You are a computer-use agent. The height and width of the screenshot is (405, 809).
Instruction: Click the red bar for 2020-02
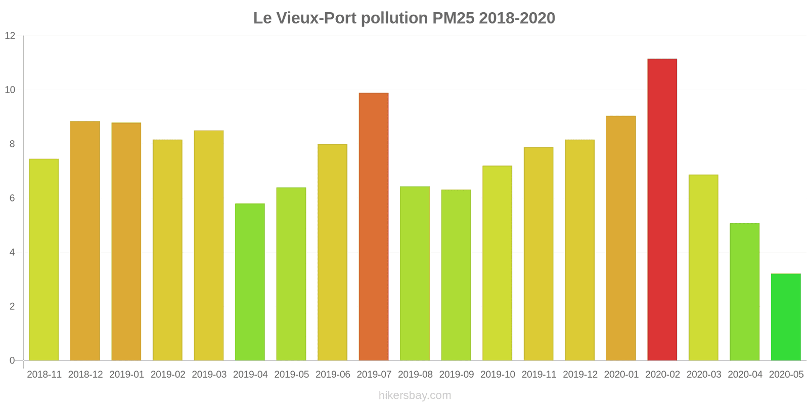[x=662, y=210]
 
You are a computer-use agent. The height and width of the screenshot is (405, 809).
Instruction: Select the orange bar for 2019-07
[x=374, y=227]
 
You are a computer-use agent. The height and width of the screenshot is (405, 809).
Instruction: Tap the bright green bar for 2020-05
[x=786, y=317]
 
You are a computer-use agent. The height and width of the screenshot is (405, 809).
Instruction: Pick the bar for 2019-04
[x=250, y=282]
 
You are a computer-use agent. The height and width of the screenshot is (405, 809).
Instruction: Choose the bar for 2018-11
[x=44, y=260]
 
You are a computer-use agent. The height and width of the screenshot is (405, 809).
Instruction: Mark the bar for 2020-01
[x=621, y=238]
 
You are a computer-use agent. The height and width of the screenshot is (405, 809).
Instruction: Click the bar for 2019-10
[x=497, y=263]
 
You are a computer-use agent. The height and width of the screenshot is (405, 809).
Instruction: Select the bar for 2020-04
[x=744, y=292]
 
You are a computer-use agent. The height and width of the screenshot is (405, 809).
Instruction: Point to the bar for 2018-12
[x=85, y=241]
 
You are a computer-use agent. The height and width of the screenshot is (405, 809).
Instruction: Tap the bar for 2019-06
[x=332, y=252]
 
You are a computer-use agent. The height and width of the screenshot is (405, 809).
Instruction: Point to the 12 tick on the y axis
[x=10, y=36]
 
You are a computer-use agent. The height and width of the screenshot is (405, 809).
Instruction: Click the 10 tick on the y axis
[x=10, y=90]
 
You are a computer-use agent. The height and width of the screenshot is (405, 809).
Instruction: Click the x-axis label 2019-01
[x=126, y=375]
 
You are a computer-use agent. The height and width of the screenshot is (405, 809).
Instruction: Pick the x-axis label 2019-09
[x=456, y=375]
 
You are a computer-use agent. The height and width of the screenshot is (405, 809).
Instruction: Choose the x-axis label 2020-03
[x=703, y=375]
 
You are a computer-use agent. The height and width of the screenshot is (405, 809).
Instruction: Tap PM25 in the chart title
[x=453, y=18]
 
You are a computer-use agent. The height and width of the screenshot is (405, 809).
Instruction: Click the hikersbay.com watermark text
[x=415, y=395]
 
